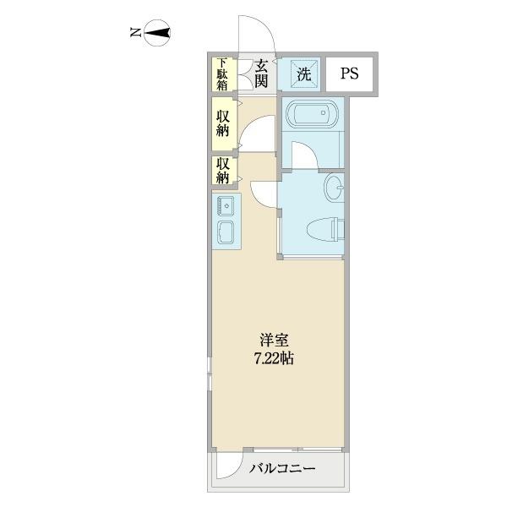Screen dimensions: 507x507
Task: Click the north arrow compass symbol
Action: [x=158, y=35]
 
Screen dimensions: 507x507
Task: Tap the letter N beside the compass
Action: [x=135, y=34]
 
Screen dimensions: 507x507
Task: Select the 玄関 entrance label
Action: [x=262, y=74]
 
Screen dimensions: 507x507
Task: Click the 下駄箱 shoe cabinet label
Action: [x=222, y=74]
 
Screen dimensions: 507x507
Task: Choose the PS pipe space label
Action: [x=349, y=74]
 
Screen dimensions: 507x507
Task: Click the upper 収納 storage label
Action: [x=222, y=123]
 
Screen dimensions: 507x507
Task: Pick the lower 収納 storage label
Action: [x=222, y=171]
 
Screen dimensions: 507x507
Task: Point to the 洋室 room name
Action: [x=272, y=340]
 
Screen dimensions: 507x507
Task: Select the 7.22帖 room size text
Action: [x=272, y=357]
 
